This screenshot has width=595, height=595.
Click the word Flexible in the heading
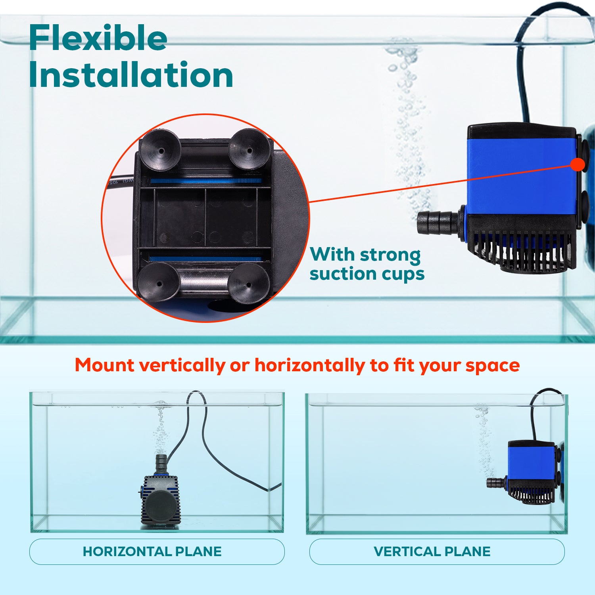point(98,38)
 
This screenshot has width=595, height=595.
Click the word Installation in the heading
point(131,75)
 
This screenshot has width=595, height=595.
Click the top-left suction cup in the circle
point(160,150)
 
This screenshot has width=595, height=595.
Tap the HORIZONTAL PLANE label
point(152,551)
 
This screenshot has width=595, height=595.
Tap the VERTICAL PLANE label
point(432,551)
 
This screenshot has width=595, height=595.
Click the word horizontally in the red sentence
point(309,365)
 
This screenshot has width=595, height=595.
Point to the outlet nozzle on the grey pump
point(161,462)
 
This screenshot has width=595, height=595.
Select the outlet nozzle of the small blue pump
point(496,483)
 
